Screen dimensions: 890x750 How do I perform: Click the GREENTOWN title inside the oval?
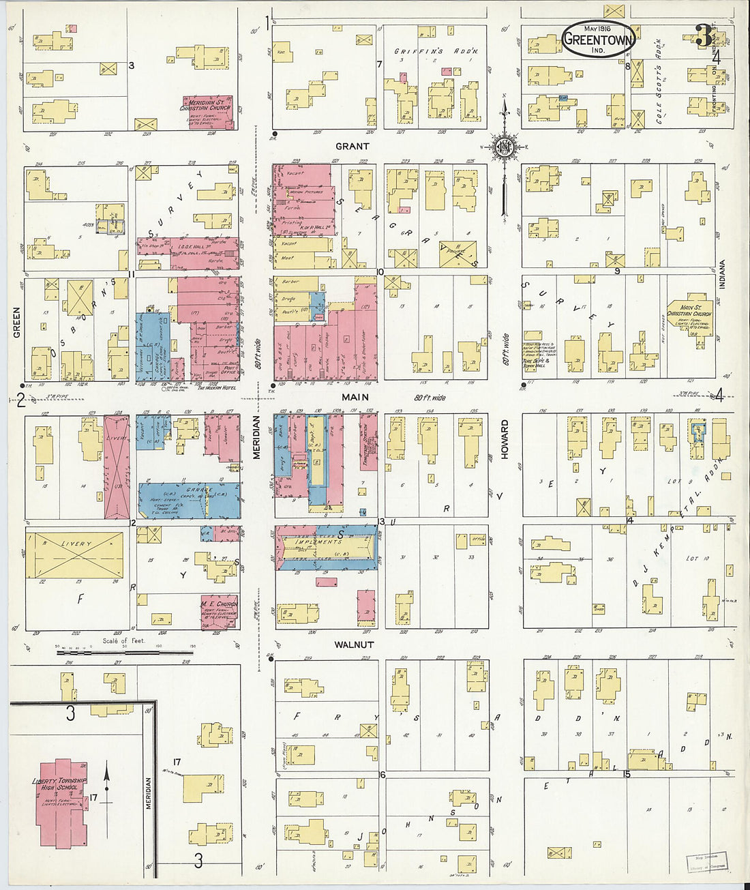pos(598,39)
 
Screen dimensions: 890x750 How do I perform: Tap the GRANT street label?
pos(352,146)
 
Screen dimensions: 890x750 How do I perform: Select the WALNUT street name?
pos(354,644)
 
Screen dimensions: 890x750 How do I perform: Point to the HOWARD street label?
pos(505,439)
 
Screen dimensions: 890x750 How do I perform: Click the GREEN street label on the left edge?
pos(16,322)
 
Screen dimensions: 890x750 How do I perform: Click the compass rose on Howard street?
pos(505,147)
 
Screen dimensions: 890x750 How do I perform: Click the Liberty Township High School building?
pos(62,801)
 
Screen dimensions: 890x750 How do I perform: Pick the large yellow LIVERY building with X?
pos(75,554)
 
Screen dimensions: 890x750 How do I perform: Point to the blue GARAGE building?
pos(190,500)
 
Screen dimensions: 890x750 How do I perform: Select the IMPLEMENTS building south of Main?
pos(326,547)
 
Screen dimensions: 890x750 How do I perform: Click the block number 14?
pos(630,521)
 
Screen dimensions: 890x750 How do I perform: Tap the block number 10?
pos(380,272)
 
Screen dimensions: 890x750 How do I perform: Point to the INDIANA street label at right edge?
pos(721,276)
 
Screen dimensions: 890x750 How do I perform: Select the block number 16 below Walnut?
pos(382,774)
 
